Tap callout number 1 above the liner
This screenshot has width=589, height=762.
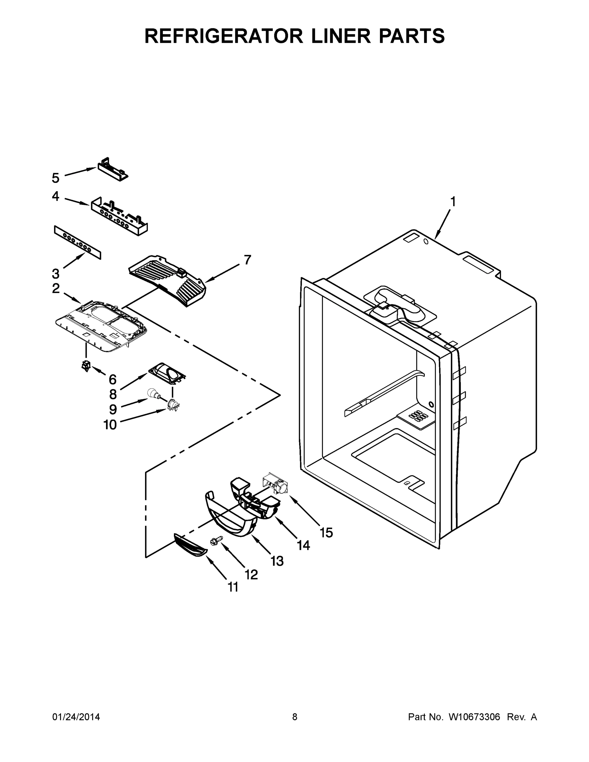(452, 202)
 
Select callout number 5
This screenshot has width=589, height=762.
(56, 178)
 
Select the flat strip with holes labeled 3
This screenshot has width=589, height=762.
(77, 242)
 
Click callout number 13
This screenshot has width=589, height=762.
(277, 561)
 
